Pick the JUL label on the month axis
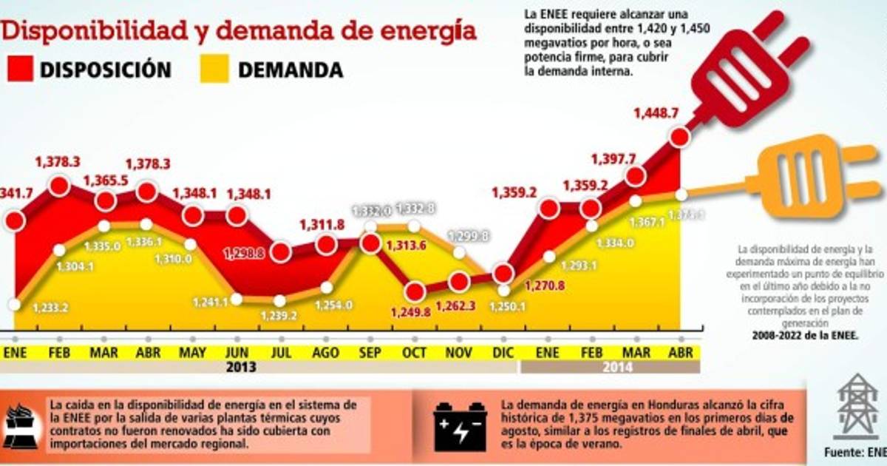point(281,353)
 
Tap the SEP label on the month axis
point(370,353)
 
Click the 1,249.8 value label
point(414,311)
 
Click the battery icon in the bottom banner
point(460,427)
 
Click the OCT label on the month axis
point(414,353)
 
